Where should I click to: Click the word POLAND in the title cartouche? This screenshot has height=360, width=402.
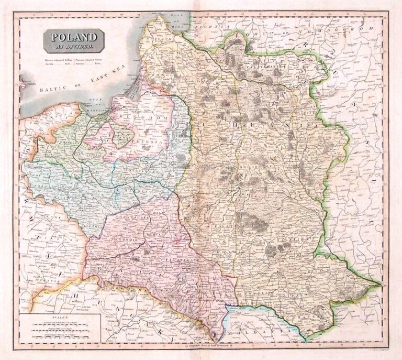73,38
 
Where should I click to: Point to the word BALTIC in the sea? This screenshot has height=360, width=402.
54,90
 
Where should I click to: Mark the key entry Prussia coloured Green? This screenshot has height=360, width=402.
97,61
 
